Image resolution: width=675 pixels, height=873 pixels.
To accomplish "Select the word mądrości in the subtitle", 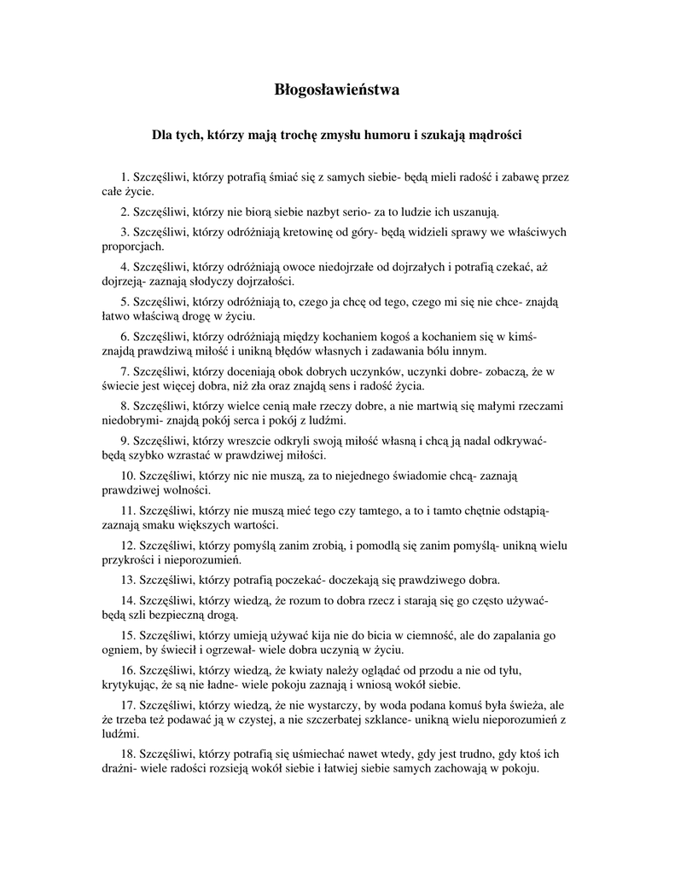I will (489, 135).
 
